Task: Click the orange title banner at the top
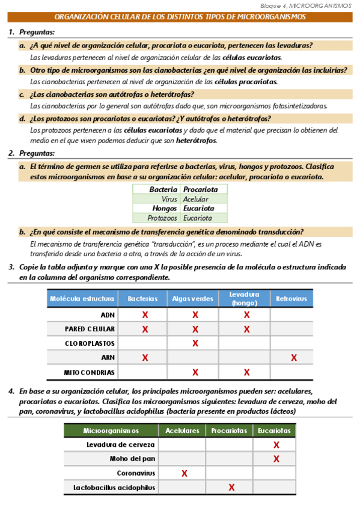(x=180, y=17)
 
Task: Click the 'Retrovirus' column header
(x=291, y=299)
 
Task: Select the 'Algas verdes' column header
(x=192, y=299)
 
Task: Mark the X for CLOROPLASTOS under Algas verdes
(x=195, y=343)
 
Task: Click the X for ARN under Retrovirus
(x=293, y=358)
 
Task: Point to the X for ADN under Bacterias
(x=145, y=315)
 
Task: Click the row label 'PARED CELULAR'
(x=90, y=329)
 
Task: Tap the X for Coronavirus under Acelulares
(x=184, y=473)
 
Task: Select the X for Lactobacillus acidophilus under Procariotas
(x=231, y=487)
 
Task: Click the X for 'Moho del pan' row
(x=276, y=459)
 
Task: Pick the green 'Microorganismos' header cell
(x=111, y=431)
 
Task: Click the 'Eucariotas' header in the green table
(x=274, y=431)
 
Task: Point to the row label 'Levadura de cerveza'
(x=121, y=444)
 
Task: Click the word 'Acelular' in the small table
(x=196, y=198)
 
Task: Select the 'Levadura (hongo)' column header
(x=244, y=298)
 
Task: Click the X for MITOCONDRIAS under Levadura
(x=246, y=372)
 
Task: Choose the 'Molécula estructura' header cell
(x=82, y=299)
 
